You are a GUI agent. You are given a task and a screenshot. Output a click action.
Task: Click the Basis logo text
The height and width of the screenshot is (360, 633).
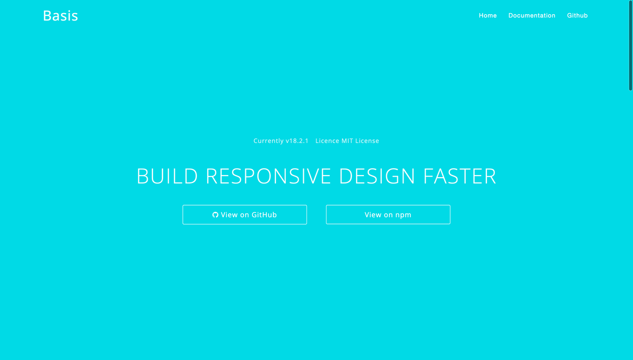pos(61,16)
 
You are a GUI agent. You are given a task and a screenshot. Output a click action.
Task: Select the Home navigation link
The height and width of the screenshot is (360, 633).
pos(488,15)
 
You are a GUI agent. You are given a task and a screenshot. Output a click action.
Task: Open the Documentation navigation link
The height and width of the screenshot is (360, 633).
pos(532,15)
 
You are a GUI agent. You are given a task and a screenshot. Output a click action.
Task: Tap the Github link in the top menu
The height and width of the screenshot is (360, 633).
pos(577,15)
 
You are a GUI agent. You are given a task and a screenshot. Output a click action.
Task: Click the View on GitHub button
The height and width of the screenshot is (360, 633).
pos(245,215)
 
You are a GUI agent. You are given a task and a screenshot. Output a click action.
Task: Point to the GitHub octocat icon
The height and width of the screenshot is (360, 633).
pos(215,215)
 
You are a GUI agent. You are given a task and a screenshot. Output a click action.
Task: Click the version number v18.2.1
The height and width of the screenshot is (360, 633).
pos(297,141)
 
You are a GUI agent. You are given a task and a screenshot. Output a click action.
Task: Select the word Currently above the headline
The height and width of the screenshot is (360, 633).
pos(268,141)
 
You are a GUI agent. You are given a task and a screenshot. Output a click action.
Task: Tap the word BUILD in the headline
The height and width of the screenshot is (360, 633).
pos(167,176)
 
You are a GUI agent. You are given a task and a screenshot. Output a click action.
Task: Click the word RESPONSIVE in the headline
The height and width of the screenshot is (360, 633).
pos(268,176)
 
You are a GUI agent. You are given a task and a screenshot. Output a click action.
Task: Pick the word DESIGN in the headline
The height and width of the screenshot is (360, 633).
pos(377,176)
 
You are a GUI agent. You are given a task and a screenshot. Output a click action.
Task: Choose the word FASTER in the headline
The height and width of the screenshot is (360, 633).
pos(459,176)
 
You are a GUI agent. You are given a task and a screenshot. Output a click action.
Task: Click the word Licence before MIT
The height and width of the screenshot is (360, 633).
pos(328,141)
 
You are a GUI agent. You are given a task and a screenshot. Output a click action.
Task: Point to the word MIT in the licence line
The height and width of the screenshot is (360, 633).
pos(347,141)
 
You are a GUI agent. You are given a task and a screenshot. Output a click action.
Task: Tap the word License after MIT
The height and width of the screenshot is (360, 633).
pos(367,141)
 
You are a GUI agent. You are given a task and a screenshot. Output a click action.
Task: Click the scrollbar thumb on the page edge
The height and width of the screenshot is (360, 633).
pos(630,45)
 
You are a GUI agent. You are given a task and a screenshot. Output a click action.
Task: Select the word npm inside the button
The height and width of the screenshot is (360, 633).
pos(403,215)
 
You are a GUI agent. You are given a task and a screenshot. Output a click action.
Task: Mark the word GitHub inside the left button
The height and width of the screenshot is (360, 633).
pos(264,215)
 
